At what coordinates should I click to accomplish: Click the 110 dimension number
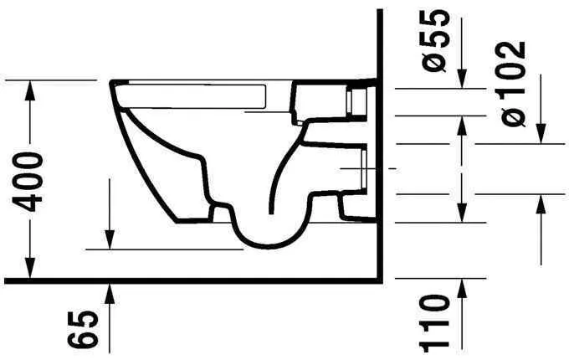point(437,322)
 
